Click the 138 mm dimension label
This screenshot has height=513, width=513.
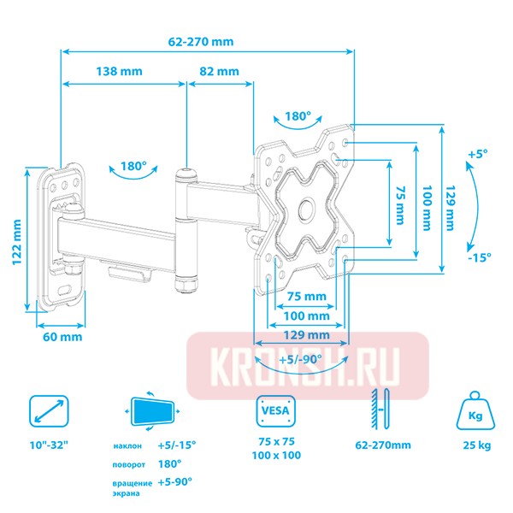[x=119, y=72]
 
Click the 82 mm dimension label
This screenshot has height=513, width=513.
[x=219, y=72]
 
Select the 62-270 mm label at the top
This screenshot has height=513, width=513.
[x=202, y=41]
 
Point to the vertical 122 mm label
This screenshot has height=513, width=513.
[x=15, y=240]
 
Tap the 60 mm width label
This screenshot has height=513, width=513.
[x=62, y=337]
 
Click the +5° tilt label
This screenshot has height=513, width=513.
[x=476, y=154]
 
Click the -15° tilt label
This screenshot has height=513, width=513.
[x=478, y=257]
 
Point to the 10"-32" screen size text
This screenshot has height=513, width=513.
[x=49, y=445]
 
